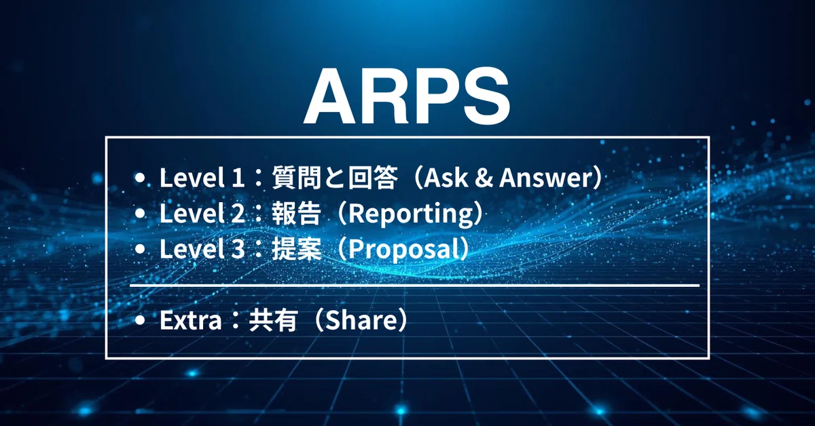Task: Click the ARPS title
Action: pos(407,97)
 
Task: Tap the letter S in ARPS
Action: pos(486,97)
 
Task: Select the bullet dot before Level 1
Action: pos(139,178)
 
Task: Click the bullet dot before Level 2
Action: pos(139,214)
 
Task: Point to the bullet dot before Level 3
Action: pos(139,249)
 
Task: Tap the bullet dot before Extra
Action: pos(139,320)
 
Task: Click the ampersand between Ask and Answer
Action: pos(484,178)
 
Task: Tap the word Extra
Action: pos(191,320)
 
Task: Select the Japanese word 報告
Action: pos(297,214)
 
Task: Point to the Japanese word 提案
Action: pos(297,249)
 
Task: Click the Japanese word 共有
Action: pos(273,320)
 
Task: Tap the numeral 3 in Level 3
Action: pos(238,250)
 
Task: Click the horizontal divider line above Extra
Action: pos(415,286)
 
